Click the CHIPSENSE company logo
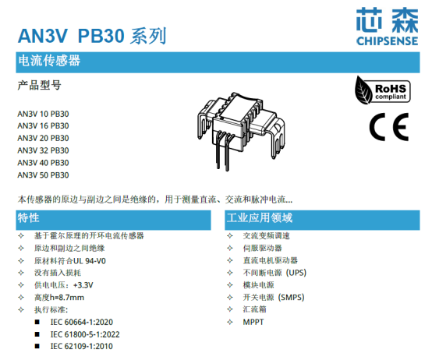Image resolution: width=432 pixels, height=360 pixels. click(x=387, y=26)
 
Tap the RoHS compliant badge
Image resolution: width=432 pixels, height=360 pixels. click(x=383, y=91)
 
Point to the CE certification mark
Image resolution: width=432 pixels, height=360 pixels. click(x=389, y=126)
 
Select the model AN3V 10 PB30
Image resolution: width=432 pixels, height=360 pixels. click(x=43, y=114)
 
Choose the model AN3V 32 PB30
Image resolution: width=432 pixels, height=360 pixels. click(x=43, y=150)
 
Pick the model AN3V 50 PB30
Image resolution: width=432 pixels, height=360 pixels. click(x=43, y=175)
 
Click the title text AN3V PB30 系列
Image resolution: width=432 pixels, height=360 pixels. click(x=92, y=36)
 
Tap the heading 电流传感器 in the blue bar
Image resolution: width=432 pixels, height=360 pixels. click(x=49, y=61)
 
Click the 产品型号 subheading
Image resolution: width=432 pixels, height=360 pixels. click(x=40, y=85)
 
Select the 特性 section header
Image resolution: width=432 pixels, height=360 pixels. click(x=28, y=217)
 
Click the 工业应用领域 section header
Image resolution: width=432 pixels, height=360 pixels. click(x=259, y=217)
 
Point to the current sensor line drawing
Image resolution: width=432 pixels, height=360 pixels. click(x=242, y=131)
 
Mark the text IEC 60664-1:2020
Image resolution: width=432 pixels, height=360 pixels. click(x=82, y=322)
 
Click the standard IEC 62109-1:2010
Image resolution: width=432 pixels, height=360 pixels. click(x=82, y=346)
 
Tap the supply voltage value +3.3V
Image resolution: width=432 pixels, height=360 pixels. click(x=83, y=285)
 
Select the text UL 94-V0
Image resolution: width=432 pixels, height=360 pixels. click(x=90, y=261)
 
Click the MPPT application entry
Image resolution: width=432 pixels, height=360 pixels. click(x=253, y=322)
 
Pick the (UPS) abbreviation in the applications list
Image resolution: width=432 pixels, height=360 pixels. click(x=296, y=273)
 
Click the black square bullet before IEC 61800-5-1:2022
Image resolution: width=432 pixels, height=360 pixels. click(x=37, y=334)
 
